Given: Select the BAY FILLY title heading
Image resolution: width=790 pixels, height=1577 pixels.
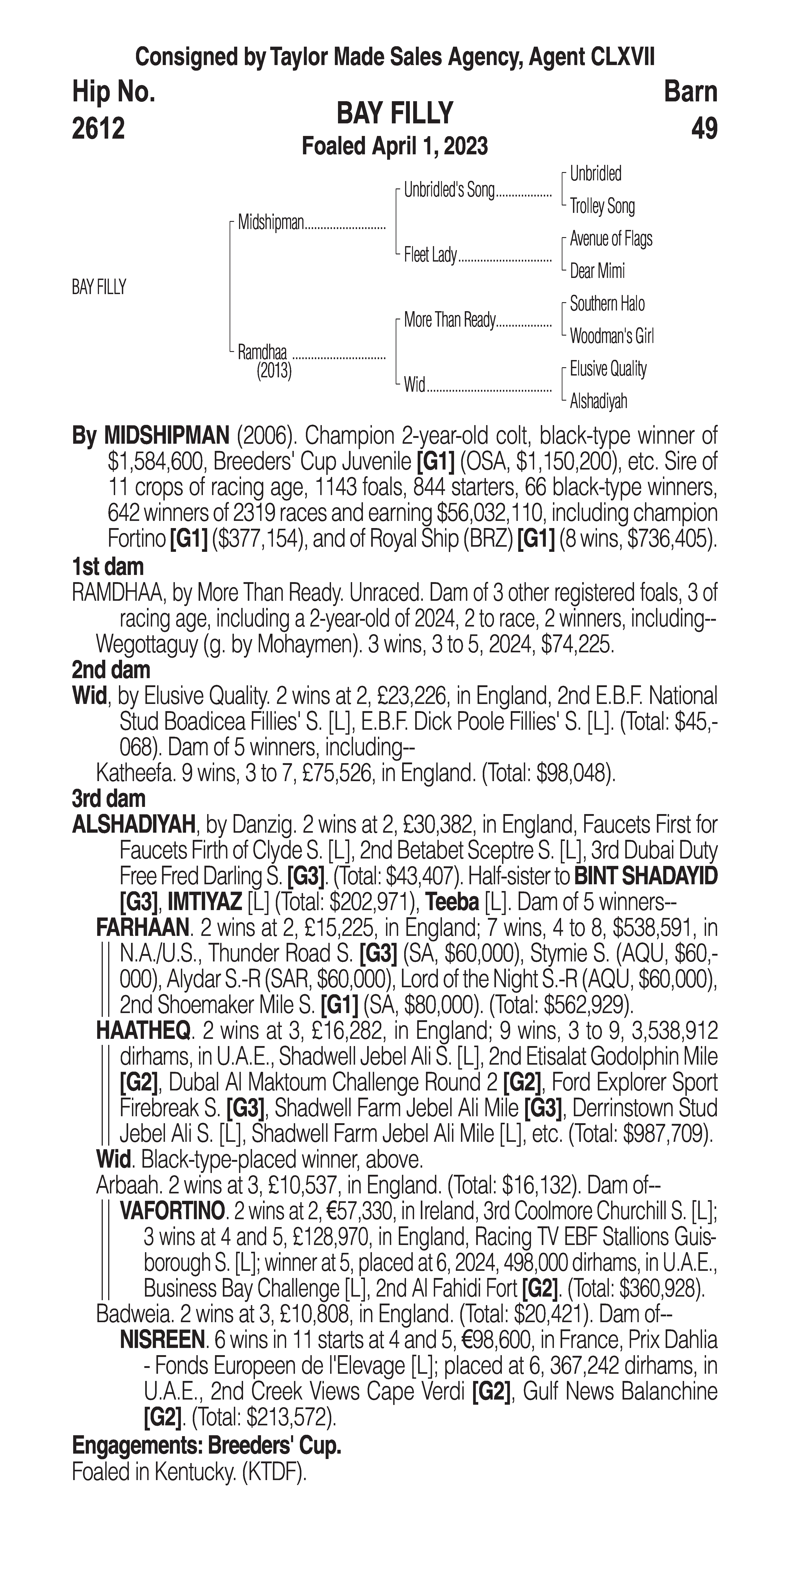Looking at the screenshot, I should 394,114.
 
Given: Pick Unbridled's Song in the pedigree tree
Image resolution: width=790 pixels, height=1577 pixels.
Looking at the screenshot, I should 449,190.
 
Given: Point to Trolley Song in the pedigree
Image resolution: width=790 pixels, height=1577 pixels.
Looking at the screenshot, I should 602,206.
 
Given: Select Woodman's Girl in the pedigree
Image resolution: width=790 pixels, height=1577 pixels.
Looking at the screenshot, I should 611,336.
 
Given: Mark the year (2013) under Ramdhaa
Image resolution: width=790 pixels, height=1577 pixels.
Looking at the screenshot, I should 274,371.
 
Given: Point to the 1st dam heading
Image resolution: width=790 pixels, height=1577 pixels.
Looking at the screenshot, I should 108,567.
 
